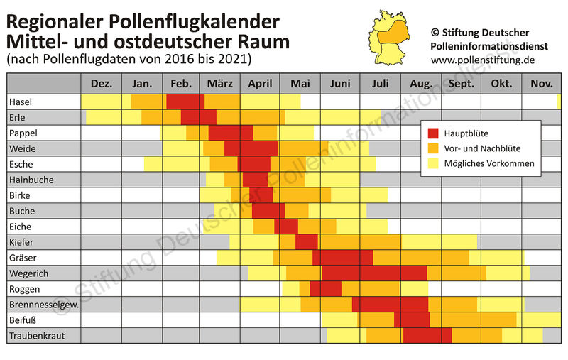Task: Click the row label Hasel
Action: (21, 102)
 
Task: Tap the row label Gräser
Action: (23, 257)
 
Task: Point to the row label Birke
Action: (20, 195)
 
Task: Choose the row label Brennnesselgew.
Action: (42, 304)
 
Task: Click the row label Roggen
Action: (26, 288)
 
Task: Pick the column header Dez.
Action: (101, 84)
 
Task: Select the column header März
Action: (220, 84)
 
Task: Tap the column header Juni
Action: (340, 84)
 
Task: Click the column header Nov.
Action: (541, 84)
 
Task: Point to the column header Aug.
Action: (422, 84)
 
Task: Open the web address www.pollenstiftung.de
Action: (483, 60)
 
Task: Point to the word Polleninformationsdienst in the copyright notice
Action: (490, 46)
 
